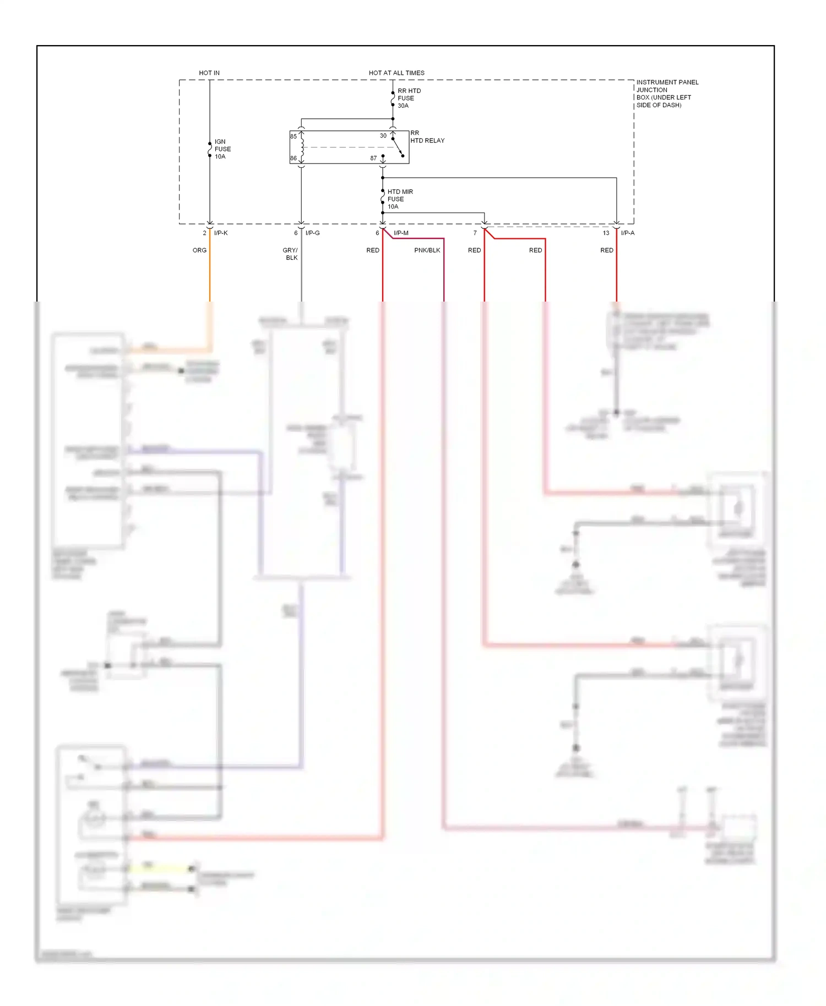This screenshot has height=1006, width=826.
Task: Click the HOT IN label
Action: point(209,73)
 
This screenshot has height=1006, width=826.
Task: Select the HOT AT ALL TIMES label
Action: point(396,73)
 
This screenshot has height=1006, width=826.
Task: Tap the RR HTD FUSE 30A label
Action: point(409,98)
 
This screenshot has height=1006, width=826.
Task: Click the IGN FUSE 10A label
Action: point(222,149)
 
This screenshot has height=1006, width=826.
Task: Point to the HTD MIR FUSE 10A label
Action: point(400,199)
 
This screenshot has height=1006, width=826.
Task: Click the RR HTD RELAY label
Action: point(427,137)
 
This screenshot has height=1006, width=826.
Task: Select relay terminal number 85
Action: point(294,136)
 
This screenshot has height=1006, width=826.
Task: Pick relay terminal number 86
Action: point(294,158)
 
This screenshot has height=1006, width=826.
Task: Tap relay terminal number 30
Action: point(383,135)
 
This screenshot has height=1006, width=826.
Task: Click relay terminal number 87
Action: point(373,158)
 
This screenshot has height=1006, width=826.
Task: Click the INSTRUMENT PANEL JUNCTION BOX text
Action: point(666,94)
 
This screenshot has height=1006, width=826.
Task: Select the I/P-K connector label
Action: point(221,233)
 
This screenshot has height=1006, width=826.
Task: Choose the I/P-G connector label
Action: point(312,233)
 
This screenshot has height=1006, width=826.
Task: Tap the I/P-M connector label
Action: point(401,233)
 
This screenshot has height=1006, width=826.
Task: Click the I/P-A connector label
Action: point(628,233)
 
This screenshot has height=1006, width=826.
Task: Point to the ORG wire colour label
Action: point(199,250)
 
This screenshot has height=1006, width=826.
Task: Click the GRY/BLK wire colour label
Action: point(291,254)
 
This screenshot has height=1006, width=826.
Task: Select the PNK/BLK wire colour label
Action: point(427,250)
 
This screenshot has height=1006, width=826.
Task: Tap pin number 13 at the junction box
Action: point(606,233)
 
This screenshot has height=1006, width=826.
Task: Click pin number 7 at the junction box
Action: point(475,233)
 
